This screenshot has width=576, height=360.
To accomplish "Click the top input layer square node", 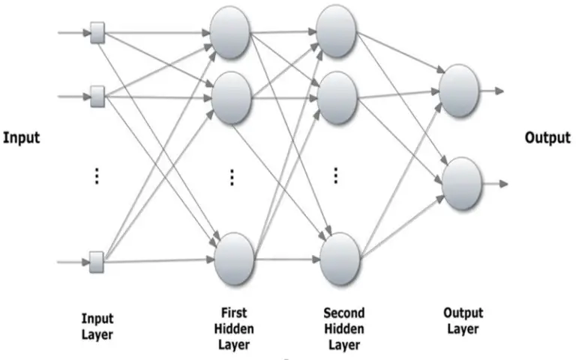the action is pos(97,33).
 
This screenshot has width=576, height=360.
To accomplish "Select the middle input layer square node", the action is pos(97,97).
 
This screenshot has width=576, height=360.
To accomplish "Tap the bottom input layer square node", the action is pos(97,262).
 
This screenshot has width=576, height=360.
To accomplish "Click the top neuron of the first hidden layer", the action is pos(230,33).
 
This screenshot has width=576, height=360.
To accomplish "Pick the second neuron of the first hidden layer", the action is pos(231,98).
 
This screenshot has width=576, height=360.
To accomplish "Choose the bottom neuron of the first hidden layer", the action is pos(234,259).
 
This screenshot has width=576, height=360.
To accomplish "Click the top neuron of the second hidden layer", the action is pos(336,31).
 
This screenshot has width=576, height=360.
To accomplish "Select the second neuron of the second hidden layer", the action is pos(337,98).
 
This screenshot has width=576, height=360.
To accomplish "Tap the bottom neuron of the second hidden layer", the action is pos(340,259).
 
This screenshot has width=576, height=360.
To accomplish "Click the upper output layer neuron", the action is pos(459,91).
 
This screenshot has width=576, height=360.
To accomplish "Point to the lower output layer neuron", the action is pos(462,184).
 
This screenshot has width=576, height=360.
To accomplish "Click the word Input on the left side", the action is pos(21,138).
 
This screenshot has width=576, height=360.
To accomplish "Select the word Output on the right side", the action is pos(547,138).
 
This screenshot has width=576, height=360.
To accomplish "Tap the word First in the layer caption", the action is pos(234,313).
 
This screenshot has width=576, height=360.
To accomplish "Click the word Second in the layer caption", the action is pos(344,313).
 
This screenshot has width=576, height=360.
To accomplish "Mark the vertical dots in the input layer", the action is pos(97,176).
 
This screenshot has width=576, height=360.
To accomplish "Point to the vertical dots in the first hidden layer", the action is pos(232,178).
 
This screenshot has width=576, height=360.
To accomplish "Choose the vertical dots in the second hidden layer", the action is pos(336,175).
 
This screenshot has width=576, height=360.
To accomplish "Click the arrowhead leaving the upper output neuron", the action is pos(499,91).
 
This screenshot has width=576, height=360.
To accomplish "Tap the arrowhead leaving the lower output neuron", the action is pos(504,184).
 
